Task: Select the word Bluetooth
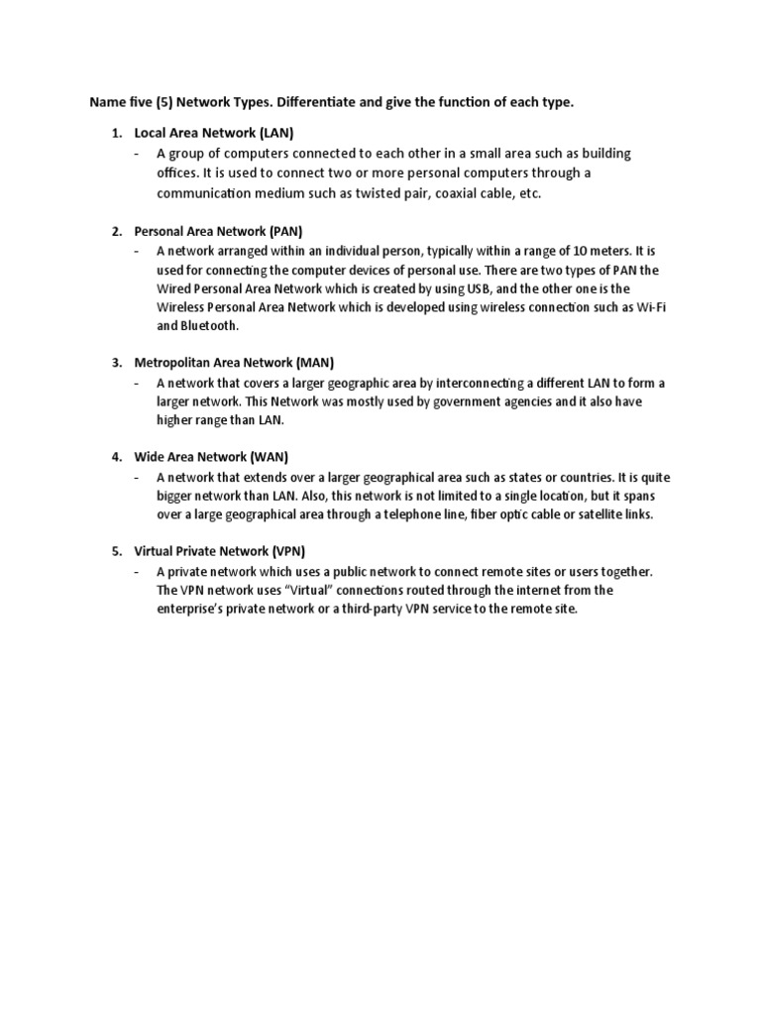210,326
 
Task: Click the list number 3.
116,363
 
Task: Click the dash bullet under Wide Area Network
137,477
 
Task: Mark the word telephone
452,514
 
